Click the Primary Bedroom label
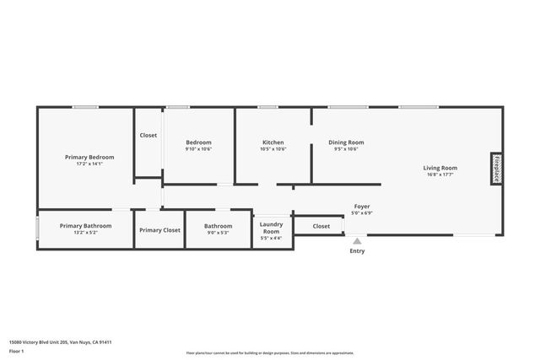89,157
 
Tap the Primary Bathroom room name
85,225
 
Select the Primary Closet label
159,230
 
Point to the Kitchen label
273,142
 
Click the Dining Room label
346,142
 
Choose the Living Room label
440,168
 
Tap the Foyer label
361,207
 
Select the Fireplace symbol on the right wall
497,168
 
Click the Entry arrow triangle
357,241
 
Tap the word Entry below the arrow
357,250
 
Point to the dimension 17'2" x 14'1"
89,164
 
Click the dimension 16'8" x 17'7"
440,175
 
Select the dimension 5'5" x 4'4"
272,239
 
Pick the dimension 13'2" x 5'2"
85,232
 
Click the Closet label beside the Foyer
321,226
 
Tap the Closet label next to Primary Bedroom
148,135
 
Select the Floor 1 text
17,351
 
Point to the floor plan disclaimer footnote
269,353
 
